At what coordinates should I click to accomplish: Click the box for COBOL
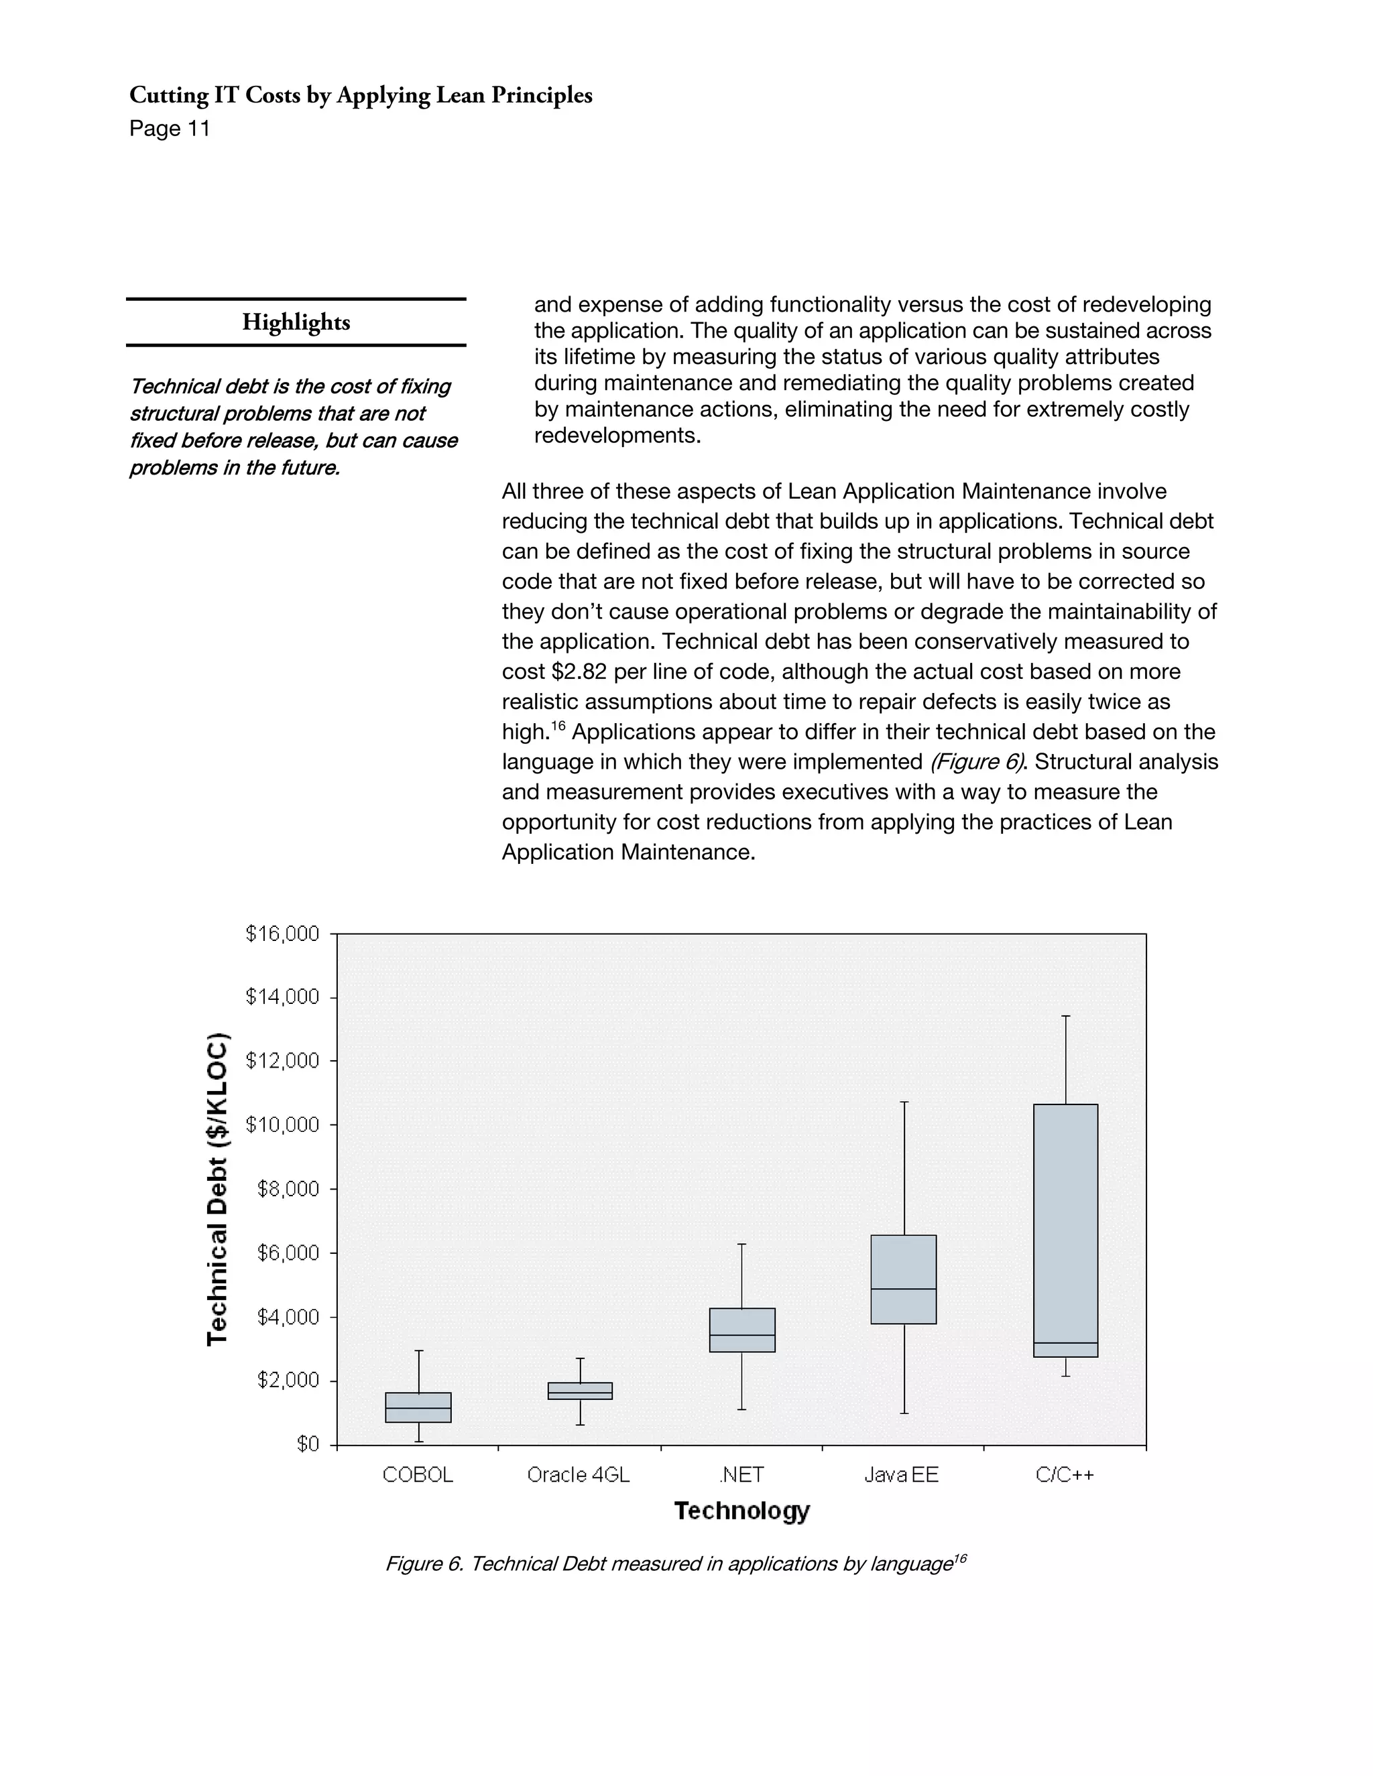point(418,1407)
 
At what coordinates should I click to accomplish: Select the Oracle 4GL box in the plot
point(580,1391)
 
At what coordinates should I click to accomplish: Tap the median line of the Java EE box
point(903,1289)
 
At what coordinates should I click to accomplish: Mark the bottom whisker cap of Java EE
point(904,1413)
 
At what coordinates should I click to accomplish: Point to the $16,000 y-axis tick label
point(282,934)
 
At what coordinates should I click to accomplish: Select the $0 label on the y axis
point(308,1444)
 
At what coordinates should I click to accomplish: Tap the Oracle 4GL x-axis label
point(579,1474)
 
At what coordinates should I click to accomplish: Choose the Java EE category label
point(901,1474)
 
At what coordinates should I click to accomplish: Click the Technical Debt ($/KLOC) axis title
point(217,1189)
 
